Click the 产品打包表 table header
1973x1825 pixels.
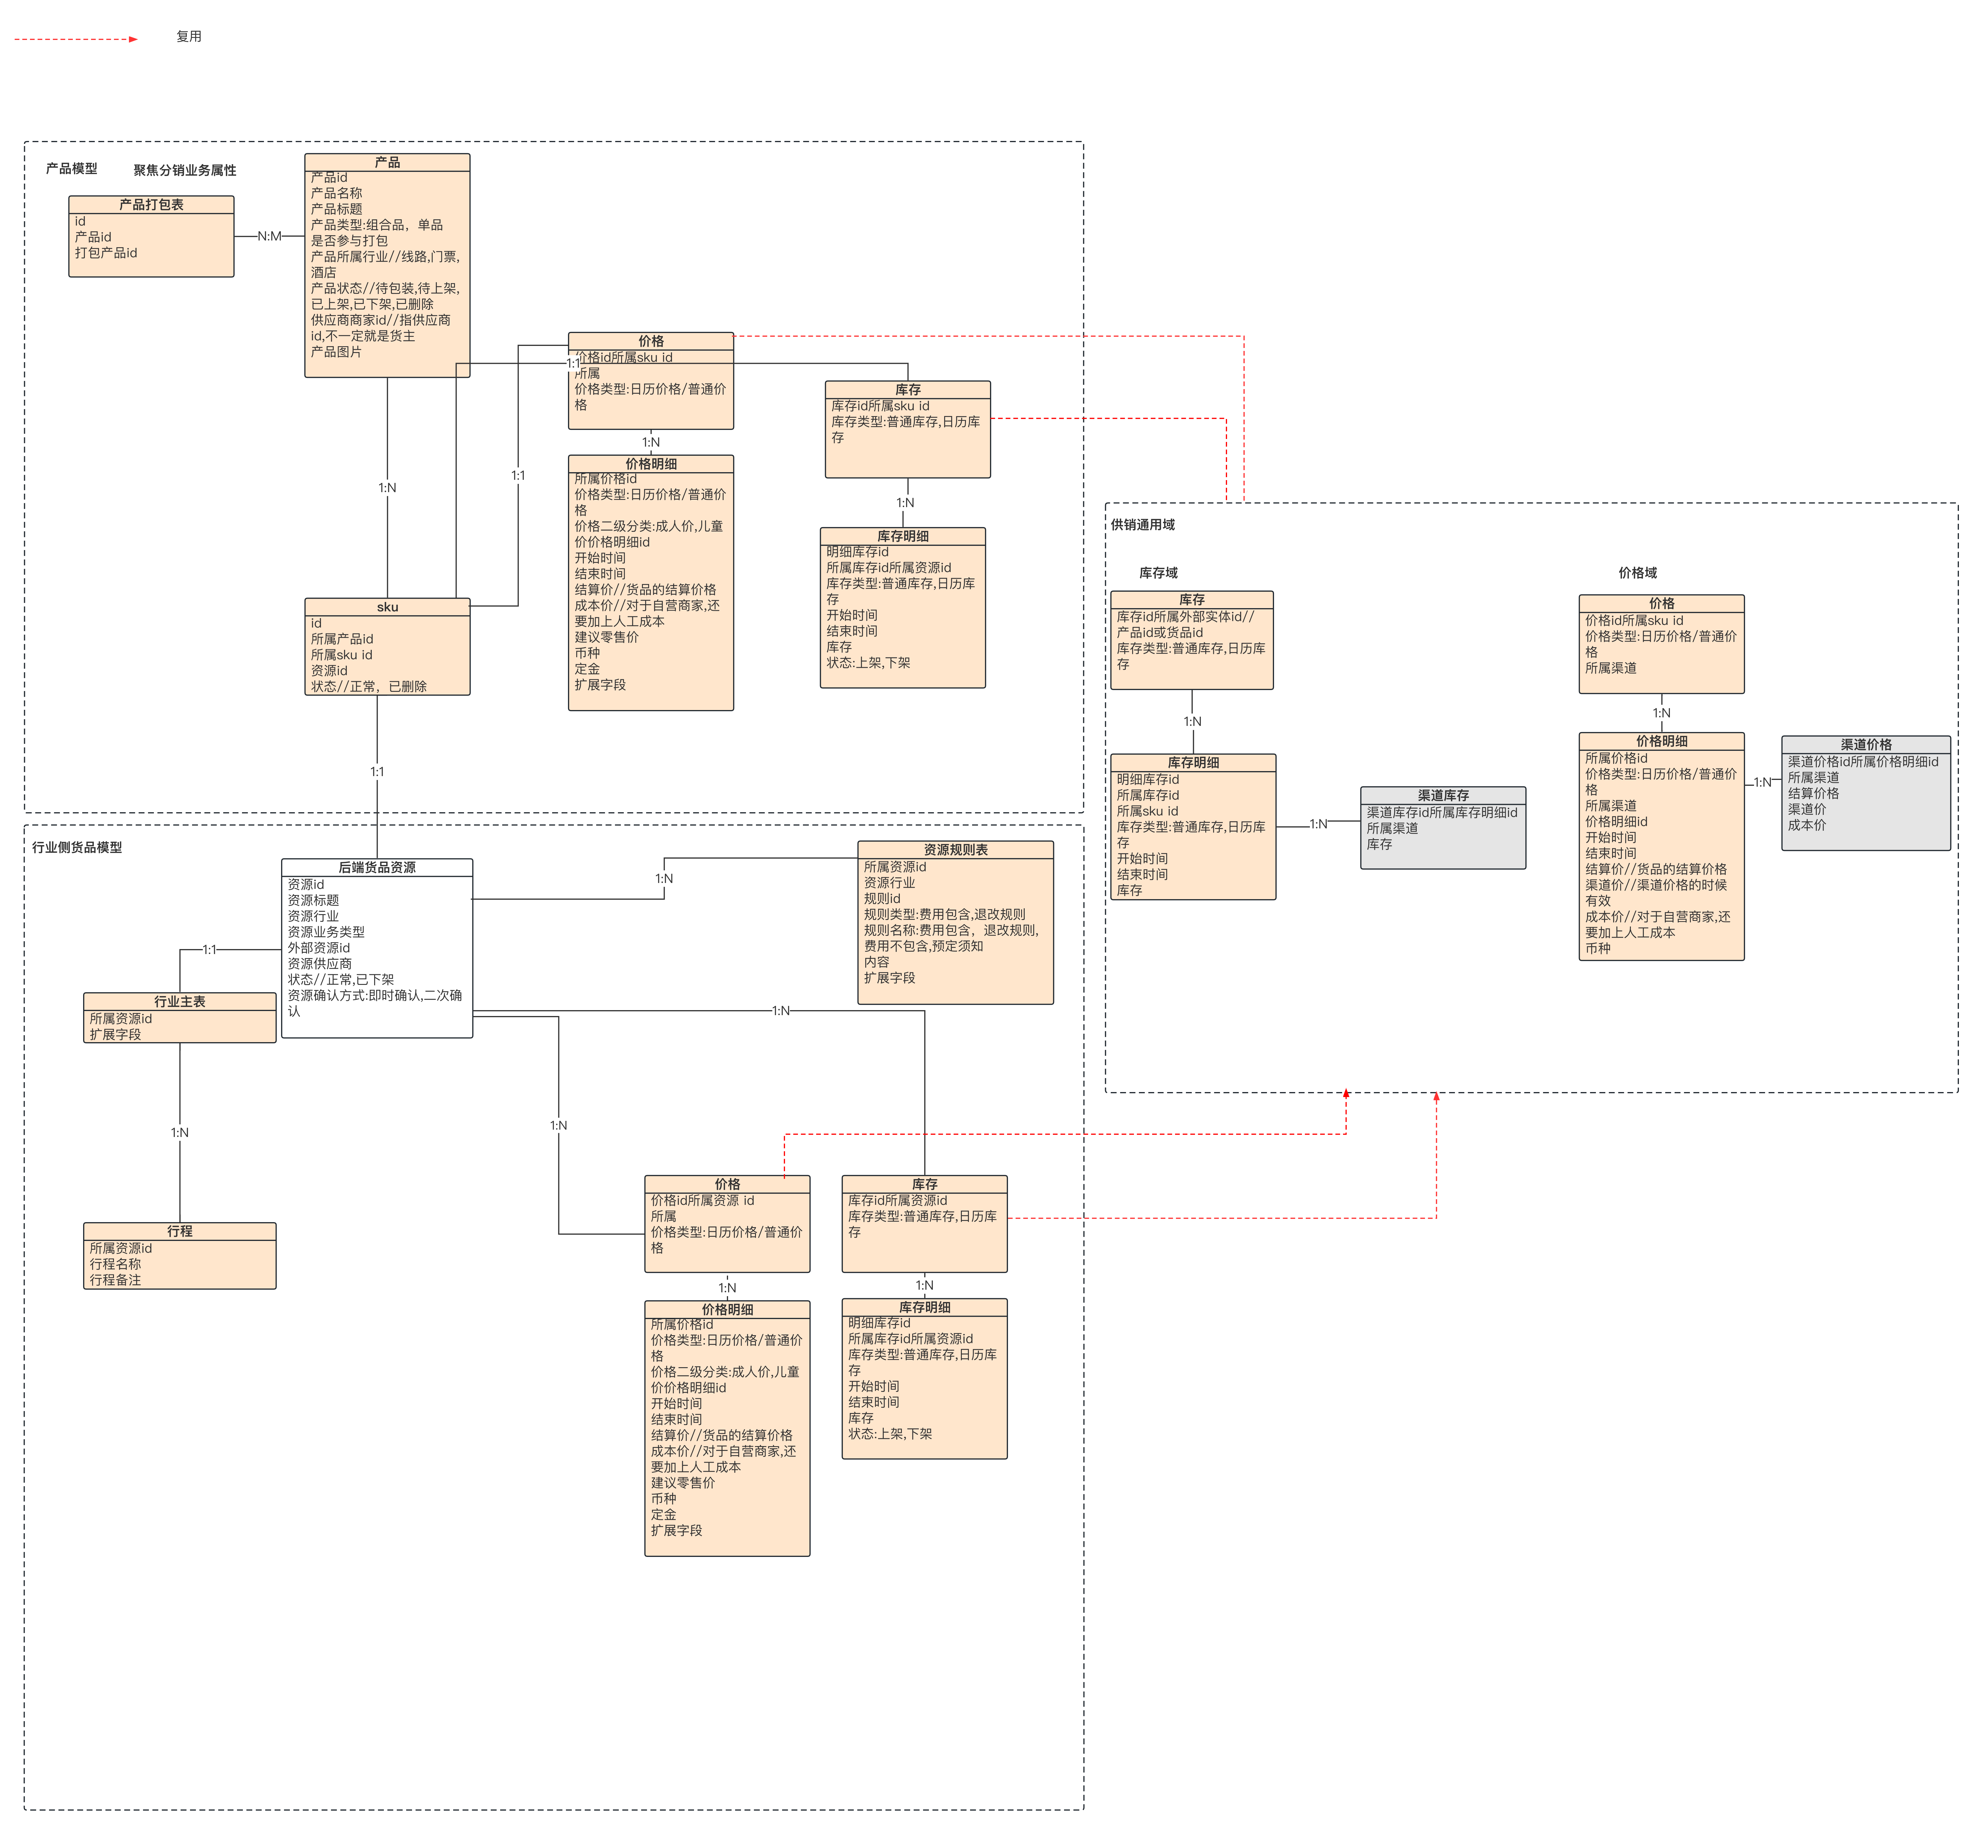pyautogui.click(x=151, y=204)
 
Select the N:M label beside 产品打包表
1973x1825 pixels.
pyautogui.click(x=270, y=236)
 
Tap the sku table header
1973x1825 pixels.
pyautogui.click(x=387, y=607)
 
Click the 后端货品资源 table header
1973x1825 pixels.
pyautogui.click(x=377, y=867)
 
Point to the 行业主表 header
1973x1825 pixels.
pyautogui.click(x=180, y=1001)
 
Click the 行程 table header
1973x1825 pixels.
pyautogui.click(x=180, y=1232)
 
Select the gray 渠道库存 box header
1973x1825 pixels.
pyautogui.click(x=1443, y=795)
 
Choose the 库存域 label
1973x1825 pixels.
pyautogui.click(x=1158, y=573)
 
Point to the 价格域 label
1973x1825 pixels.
pyautogui.click(x=1637, y=573)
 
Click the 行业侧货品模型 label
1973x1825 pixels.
pyautogui.click(x=77, y=847)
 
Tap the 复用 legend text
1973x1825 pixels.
pyautogui.click(x=189, y=36)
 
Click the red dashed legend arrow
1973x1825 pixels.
pyautogui.click(x=76, y=40)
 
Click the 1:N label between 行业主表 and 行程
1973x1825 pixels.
pyautogui.click(x=180, y=1133)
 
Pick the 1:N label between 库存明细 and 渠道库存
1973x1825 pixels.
pyautogui.click(x=1318, y=824)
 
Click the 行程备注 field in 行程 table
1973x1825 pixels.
pyautogui.click(x=115, y=1280)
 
